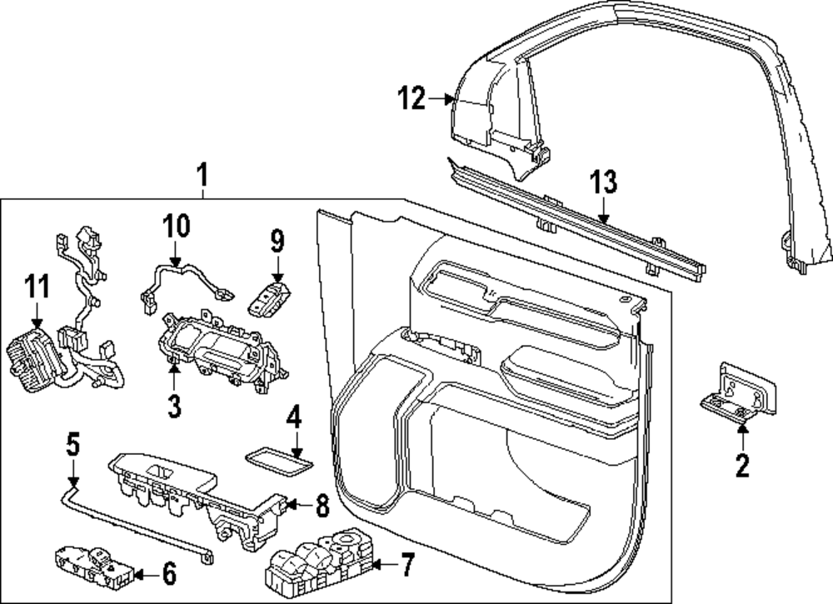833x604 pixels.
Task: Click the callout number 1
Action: pyautogui.click(x=202, y=175)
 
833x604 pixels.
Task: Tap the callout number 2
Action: pyautogui.click(x=741, y=465)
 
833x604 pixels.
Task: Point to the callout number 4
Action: pyautogui.click(x=292, y=418)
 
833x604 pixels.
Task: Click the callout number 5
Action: pyautogui.click(x=73, y=445)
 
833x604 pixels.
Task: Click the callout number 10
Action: pyautogui.click(x=176, y=226)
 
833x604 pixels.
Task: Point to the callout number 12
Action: pyautogui.click(x=411, y=100)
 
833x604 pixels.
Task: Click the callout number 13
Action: pyautogui.click(x=603, y=182)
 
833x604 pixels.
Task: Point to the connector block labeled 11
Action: pyautogui.click(x=32, y=359)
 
